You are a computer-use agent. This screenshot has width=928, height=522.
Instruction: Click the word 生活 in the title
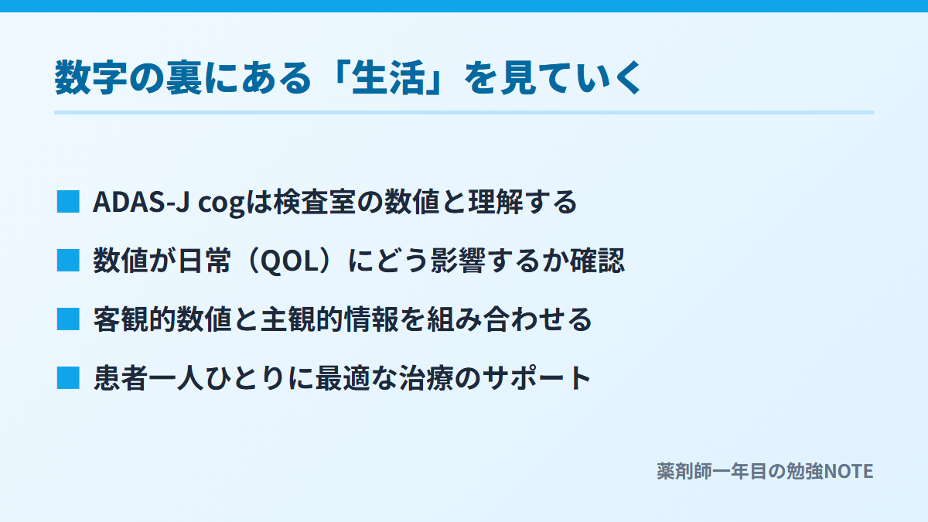388,78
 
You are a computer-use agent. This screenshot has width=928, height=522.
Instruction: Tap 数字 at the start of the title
90,78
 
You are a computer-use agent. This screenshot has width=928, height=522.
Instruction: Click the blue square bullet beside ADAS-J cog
68,201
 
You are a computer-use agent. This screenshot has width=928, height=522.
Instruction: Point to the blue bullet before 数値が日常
68,260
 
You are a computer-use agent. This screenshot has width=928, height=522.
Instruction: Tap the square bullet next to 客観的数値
68,319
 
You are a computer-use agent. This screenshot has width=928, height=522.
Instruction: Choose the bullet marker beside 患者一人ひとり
68,378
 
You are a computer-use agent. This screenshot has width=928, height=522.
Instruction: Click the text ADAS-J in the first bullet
142,202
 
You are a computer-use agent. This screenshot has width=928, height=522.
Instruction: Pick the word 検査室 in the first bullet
315,202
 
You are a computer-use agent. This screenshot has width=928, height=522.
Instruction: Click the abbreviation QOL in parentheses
287,261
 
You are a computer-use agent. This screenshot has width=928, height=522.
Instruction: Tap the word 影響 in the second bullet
458,261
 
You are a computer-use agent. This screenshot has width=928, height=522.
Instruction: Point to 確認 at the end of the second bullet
597,261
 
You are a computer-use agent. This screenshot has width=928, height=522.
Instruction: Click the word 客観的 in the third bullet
135,319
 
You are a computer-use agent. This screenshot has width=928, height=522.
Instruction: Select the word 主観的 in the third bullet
302,319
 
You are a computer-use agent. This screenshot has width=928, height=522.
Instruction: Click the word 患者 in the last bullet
121,378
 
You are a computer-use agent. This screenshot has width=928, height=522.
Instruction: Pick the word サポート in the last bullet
537,378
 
